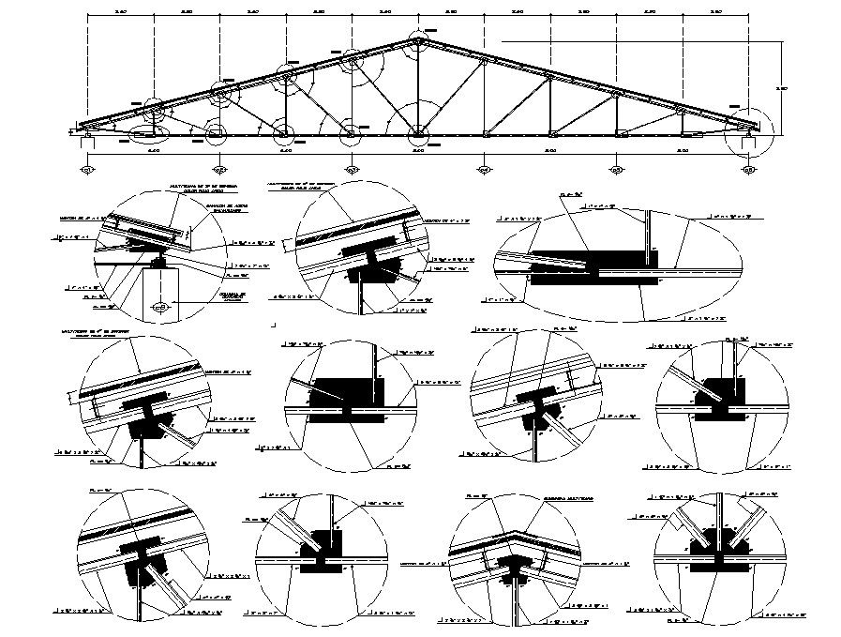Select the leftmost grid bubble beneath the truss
pos(87,170)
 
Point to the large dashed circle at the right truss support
pos(749,130)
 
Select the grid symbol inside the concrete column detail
pos(159,307)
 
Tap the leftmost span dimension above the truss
pos(120,12)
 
